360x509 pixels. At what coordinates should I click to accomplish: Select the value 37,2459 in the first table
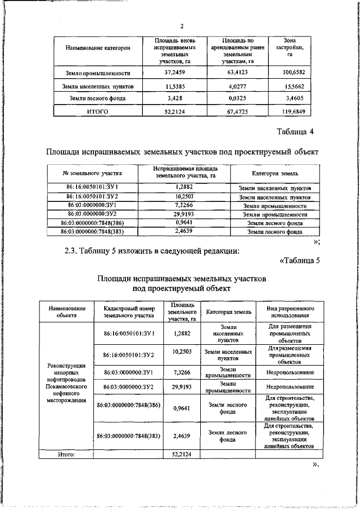point(175,73)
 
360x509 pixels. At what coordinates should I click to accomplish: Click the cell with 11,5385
point(175,85)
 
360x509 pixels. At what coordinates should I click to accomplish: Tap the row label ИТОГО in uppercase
point(97,111)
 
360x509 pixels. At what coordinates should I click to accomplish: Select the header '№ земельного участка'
point(92,173)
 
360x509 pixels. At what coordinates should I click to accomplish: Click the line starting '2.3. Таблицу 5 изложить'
point(152,251)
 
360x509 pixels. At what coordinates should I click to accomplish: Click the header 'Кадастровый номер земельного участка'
point(129,313)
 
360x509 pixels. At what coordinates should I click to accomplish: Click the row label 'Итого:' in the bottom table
point(66,453)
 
